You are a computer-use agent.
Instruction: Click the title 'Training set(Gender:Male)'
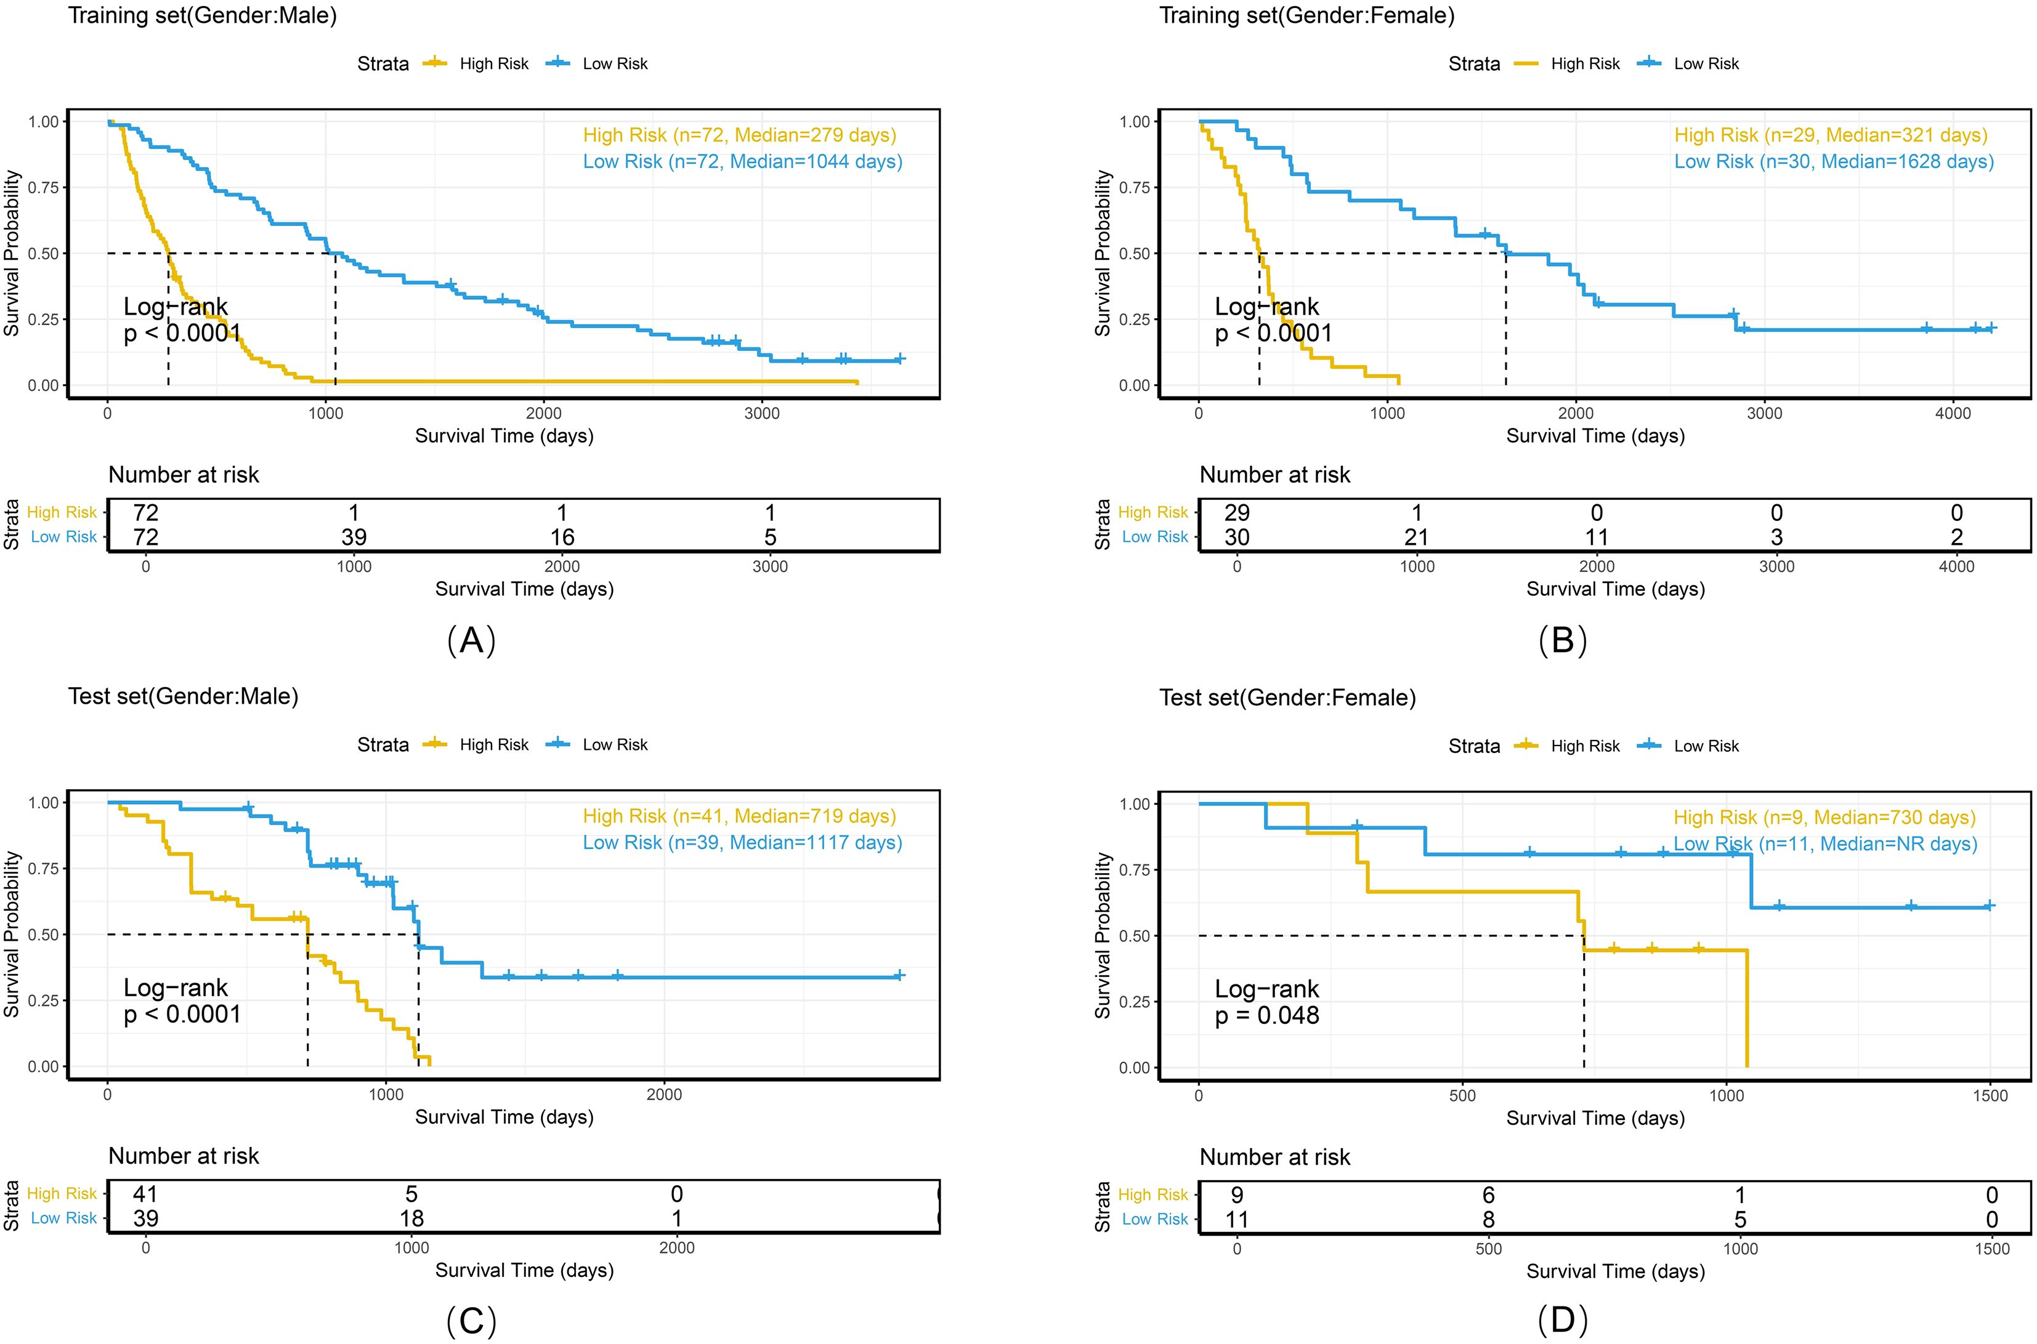point(202,15)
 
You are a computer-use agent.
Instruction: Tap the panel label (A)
point(472,640)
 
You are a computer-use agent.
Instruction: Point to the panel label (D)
point(1562,1321)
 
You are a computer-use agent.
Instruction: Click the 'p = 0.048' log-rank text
point(1267,1016)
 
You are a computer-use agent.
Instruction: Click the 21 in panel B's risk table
point(1416,537)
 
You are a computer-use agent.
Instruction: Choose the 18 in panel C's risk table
point(411,1219)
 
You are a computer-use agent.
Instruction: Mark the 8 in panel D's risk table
point(1488,1220)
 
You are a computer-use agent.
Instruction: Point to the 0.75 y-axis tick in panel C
point(44,868)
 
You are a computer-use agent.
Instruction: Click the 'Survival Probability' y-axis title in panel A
point(12,253)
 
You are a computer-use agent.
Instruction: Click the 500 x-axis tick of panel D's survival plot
point(1462,1095)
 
